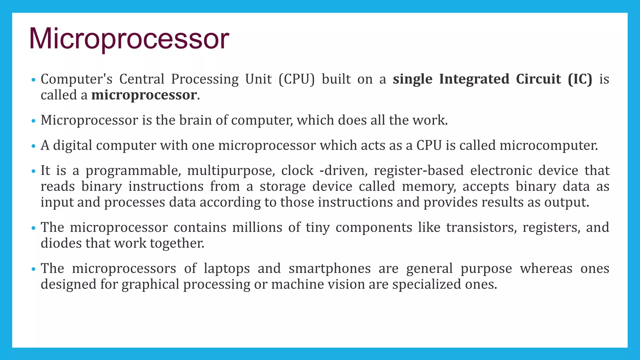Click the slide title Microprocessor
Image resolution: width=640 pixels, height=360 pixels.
click(129, 39)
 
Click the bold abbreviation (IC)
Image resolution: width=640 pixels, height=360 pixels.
click(580, 79)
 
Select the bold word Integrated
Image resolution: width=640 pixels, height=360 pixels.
click(474, 79)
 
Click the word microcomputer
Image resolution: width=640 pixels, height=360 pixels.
click(548, 146)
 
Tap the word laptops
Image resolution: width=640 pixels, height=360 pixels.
click(227, 269)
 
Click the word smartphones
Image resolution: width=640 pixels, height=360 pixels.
click(330, 269)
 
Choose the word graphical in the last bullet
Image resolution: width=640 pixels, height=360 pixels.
click(150, 285)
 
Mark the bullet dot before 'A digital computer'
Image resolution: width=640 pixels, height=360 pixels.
click(34, 146)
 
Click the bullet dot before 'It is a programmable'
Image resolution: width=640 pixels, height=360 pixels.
click(34, 172)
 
